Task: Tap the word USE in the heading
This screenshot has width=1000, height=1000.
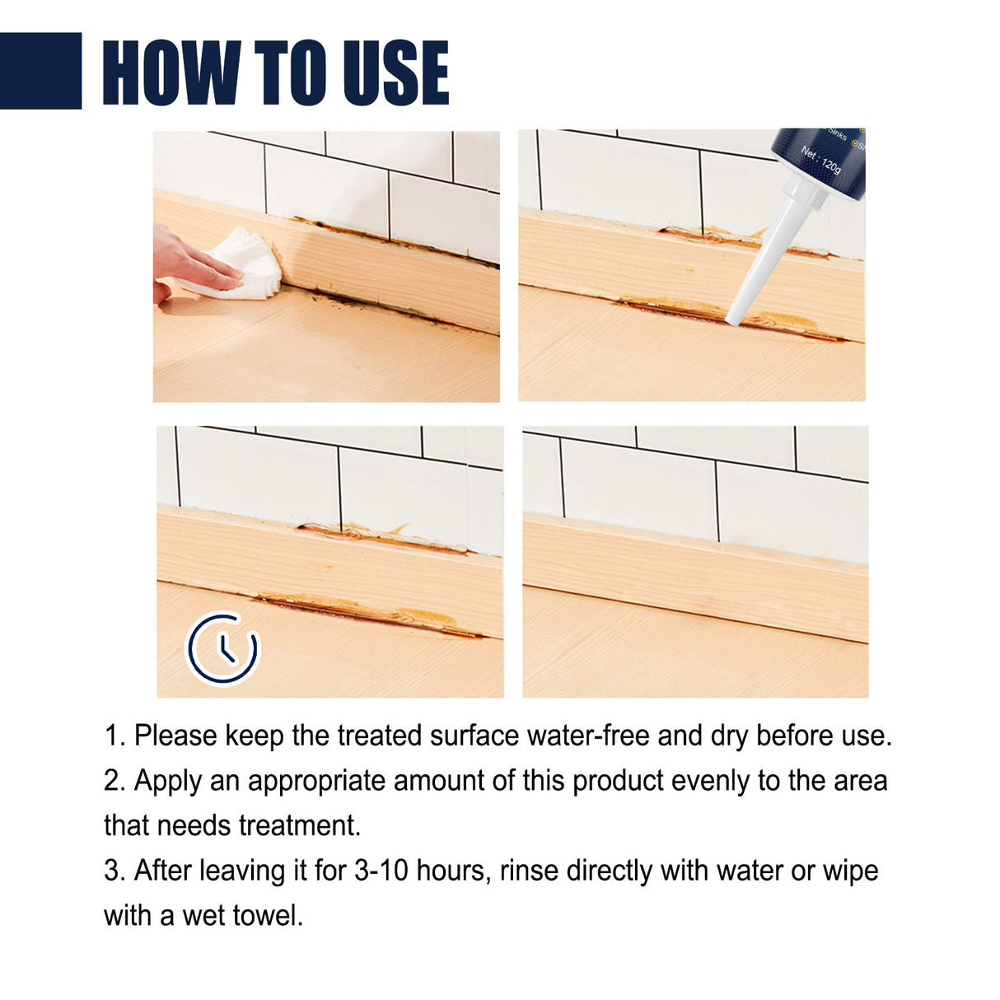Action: (395, 72)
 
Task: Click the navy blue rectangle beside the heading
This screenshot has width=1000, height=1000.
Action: (40, 71)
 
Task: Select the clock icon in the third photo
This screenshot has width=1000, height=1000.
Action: (222, 648)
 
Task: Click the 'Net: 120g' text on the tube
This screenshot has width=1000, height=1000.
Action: (821, 159)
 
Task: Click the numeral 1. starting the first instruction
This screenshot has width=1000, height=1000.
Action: (114, 736)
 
